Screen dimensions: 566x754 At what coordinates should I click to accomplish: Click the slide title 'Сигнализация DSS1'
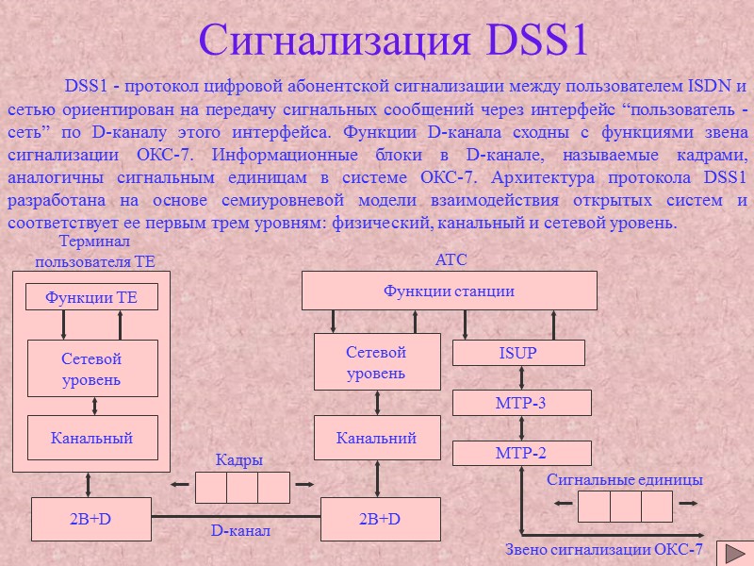pos(394,40)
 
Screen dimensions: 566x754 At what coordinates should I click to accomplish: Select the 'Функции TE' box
pos(91,297)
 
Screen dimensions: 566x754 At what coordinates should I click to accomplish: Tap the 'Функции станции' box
pos(449,291)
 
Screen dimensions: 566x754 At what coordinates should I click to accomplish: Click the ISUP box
pos(518,354)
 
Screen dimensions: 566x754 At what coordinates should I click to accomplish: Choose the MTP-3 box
pos(521,403)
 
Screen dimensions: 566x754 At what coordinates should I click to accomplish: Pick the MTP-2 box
pos(521,453)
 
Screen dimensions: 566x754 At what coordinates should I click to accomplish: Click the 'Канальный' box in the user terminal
pos(91,438)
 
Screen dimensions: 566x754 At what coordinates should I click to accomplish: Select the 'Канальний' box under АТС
pos(377,438)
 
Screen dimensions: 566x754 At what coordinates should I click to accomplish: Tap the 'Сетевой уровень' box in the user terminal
pos(91,369)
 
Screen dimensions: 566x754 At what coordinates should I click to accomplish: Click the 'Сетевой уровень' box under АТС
pos(377,362)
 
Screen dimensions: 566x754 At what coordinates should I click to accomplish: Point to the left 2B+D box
pos(91,519)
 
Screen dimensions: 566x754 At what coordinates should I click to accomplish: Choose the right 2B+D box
pos(380,519)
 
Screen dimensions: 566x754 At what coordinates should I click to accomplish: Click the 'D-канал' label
pos(240,531)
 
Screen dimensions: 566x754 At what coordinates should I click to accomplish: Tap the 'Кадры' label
pos(239,459)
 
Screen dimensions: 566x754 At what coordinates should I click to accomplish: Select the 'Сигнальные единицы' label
pos(625,480)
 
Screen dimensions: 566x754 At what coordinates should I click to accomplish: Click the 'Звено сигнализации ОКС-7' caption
pos(604,550)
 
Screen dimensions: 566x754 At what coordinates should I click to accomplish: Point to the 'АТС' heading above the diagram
pos(450,259)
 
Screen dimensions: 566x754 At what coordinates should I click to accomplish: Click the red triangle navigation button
pos(733,553)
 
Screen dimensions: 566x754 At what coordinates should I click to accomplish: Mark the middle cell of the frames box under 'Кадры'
pos(242,487)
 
